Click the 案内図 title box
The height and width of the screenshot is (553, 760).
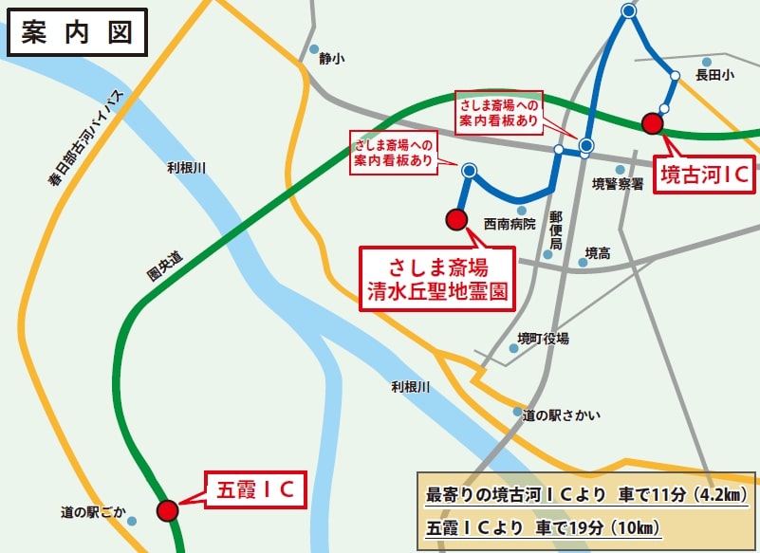pyautogui.click(x=76, y=33)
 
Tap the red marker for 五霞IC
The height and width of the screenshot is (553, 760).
pyautogui.click(x=168, y=510)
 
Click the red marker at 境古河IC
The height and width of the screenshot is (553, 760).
pyautogui.click(x=652, y=123)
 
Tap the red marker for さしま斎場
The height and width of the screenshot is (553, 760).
pyautogui.click(x=456, y=220)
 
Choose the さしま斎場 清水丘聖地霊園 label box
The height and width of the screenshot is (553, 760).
pyautogui.click(x=436, y=278)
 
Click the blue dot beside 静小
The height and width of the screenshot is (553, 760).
pyautogui.click(x=314, y=49)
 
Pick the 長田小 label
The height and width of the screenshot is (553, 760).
pyautogui.click(x=714, y=73)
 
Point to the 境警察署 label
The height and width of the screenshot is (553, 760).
pyautogui.click(x=618, y=183)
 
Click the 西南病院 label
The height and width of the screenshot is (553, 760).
pyautogui.click(x=510, y=225)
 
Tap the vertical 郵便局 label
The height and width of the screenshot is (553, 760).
pyautogui.click(x=556, y=230)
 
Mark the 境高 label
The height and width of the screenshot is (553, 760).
pyautogui.click(x=598, y=253)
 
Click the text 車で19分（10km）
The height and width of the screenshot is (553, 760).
pyautogui.click(x=599, y=526)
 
